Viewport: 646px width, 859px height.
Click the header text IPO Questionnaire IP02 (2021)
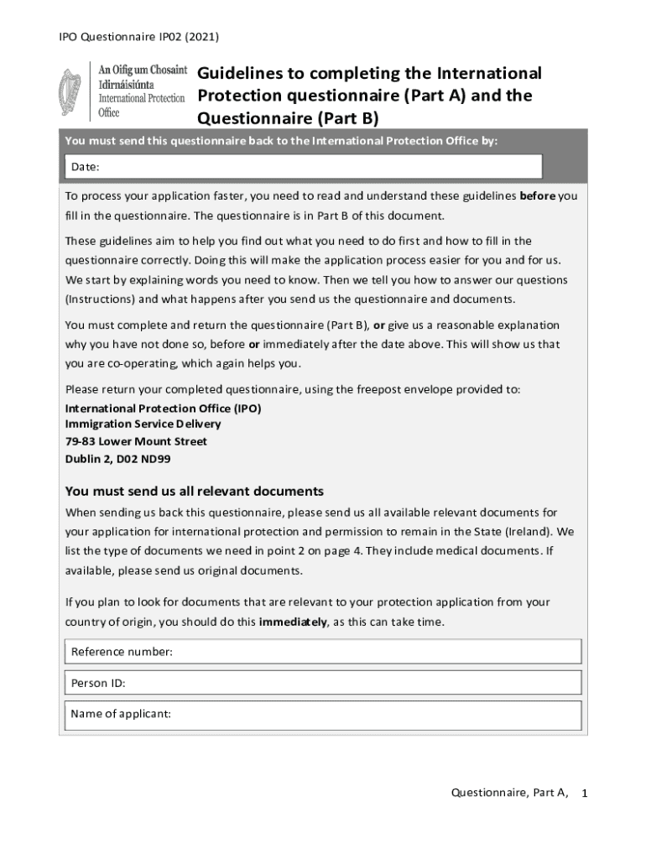[x=139, y=37]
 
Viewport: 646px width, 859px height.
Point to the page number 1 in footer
[x=585, y=793]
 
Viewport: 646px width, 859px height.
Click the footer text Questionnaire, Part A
[x=509, y=792]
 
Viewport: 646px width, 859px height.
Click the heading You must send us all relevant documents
[x=194, y=491]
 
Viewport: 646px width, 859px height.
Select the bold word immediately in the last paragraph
[x=294, y=622]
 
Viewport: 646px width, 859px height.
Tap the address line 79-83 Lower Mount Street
[x=136, y=441]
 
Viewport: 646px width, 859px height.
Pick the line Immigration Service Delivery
[x=143, y=424]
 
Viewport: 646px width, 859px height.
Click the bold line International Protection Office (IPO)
[x=163, y=409]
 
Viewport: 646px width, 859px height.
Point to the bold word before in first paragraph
[x=538, y=196]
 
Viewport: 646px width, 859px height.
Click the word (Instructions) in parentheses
[x=100, y=299]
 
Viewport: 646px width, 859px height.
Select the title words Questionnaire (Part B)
[x=289, y=117]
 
